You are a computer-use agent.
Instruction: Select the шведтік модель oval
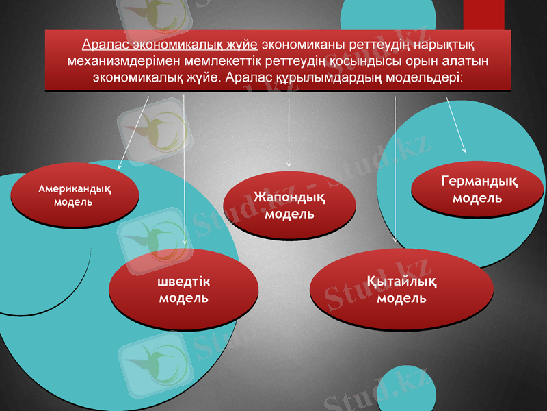point(183,290)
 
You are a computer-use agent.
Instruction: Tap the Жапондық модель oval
point(289,205)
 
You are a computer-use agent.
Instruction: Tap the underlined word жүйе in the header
point(243,45)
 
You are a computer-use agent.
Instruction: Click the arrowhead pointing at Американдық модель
point(120,166)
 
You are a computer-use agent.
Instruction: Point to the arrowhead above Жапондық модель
point(289,165)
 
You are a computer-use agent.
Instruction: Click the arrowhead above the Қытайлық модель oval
point(395,240)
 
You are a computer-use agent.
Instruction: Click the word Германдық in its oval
point(478,182)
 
